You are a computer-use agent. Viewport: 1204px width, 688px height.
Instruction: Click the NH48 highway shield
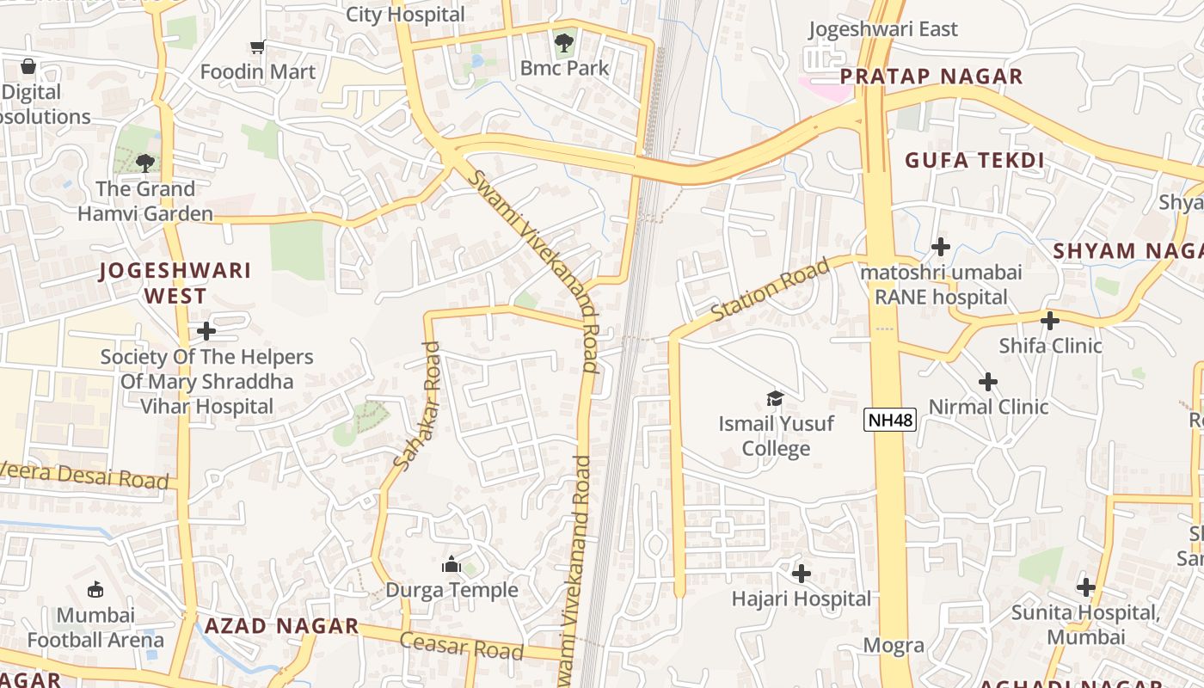point(890,420)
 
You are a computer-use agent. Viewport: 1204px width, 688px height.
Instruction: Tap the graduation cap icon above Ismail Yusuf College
point(775,398)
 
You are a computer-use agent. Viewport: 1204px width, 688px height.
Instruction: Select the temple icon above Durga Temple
point(451,564)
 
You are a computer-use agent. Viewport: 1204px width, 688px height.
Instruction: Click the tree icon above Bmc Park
point(564,42)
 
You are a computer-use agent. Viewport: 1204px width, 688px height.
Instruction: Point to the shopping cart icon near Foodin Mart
point(257,46)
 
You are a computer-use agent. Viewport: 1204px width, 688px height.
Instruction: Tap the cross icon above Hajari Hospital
point(802,573)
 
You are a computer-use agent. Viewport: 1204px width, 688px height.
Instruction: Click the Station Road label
point(771,291)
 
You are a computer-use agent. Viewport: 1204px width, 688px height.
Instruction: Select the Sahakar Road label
point(418,405)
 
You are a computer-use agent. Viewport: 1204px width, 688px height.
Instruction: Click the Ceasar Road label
point(461,645)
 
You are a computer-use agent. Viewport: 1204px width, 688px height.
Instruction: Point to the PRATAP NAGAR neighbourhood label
point(931,77)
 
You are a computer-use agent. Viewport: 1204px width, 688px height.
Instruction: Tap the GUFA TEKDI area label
point(974,160)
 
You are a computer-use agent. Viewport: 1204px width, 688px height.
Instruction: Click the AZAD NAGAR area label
point(281,626)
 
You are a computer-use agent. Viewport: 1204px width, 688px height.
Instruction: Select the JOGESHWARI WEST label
point(175,283)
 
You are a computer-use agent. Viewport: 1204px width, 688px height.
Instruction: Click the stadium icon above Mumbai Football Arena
point(95,589)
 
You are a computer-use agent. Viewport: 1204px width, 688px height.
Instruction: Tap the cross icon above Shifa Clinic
point(1049,321)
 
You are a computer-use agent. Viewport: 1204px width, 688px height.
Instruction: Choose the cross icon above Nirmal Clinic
point(988,381)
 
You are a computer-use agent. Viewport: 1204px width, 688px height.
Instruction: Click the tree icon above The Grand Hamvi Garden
point(145,163)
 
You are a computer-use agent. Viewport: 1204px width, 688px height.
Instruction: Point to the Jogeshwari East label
point(883,29)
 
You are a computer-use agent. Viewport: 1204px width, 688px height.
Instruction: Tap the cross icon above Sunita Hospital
point(1085,587)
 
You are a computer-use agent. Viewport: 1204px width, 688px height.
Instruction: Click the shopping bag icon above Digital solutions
point(28,66)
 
